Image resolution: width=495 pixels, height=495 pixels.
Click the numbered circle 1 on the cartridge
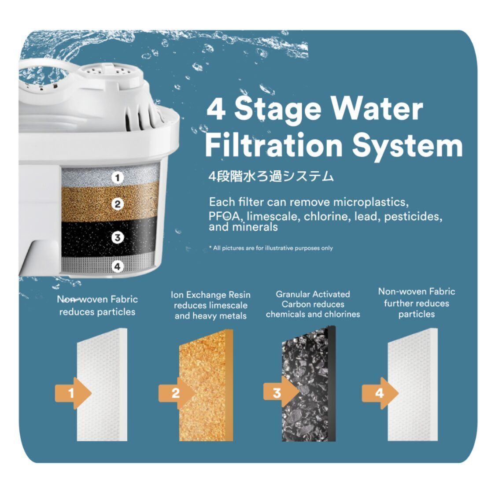point(117,178)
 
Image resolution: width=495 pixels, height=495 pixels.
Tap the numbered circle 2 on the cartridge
point(117,204)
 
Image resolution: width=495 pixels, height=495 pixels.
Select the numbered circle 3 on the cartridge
point(117,238)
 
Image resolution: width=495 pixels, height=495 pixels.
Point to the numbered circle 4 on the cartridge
point(117,266)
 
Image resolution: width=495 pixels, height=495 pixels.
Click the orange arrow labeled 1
point(73,393)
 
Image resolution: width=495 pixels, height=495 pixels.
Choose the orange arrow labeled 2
point(177,393)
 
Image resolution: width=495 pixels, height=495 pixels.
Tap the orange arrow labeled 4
point(380,393)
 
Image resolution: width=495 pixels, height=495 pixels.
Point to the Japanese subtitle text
point(271,177)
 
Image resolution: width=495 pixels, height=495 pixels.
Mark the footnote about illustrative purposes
point(271,248)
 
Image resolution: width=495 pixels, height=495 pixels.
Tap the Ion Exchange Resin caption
point(211,305)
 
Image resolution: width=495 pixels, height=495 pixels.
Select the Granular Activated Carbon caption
point(313,304)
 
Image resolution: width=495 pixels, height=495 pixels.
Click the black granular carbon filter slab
point(308,383)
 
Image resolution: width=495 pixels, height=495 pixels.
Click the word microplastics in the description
point(370,202)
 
